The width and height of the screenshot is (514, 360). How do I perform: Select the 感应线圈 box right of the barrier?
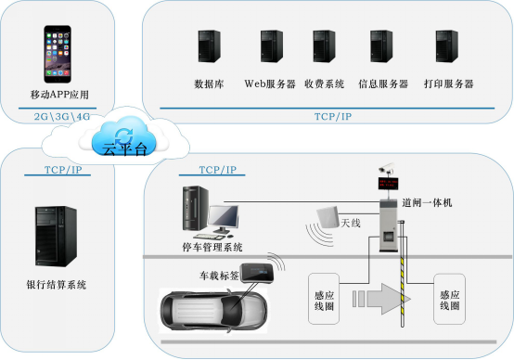click(450, 299)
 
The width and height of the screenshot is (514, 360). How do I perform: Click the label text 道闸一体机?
click(427, 202)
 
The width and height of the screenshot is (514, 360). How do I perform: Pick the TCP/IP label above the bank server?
click(63, 171)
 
